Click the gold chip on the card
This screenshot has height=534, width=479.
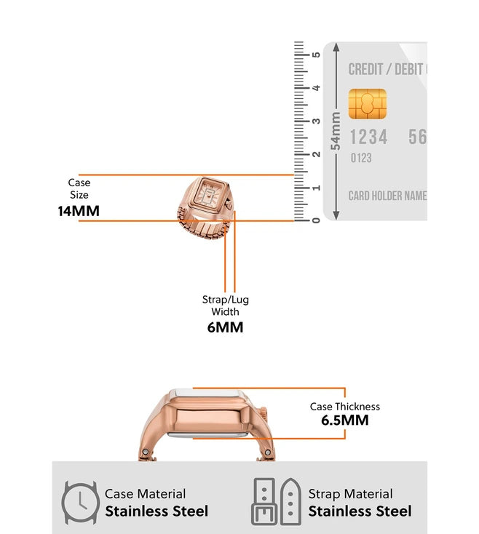click(x=367, y=104)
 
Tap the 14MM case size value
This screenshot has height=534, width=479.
click(x=79, y=212)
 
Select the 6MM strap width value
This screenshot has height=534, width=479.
click(x=225, y=327)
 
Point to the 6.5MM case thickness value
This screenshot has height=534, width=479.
click(x=344, y=421)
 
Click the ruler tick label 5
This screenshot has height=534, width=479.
click(x=316, y=55)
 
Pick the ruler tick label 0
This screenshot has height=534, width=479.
click(x=316, y=220)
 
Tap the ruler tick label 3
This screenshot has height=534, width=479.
click(x=316, y=121)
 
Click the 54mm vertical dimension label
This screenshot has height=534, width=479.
click(x=336, y=131)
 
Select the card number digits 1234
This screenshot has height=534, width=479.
click(x=368, y=137)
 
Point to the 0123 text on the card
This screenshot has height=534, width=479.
click(x=361, y=158)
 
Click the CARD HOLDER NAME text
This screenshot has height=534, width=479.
click(x=387, y=196)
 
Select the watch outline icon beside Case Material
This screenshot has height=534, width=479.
click(x=79, y=502)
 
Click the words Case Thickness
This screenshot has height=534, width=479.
click(x=344, y=407)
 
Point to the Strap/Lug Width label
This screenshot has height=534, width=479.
click(x=225, y=306)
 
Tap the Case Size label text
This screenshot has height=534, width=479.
click(x=79, y=188)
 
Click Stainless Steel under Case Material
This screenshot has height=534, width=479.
click(x=157, y=511)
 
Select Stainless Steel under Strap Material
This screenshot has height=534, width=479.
click(x=360, y=511)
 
